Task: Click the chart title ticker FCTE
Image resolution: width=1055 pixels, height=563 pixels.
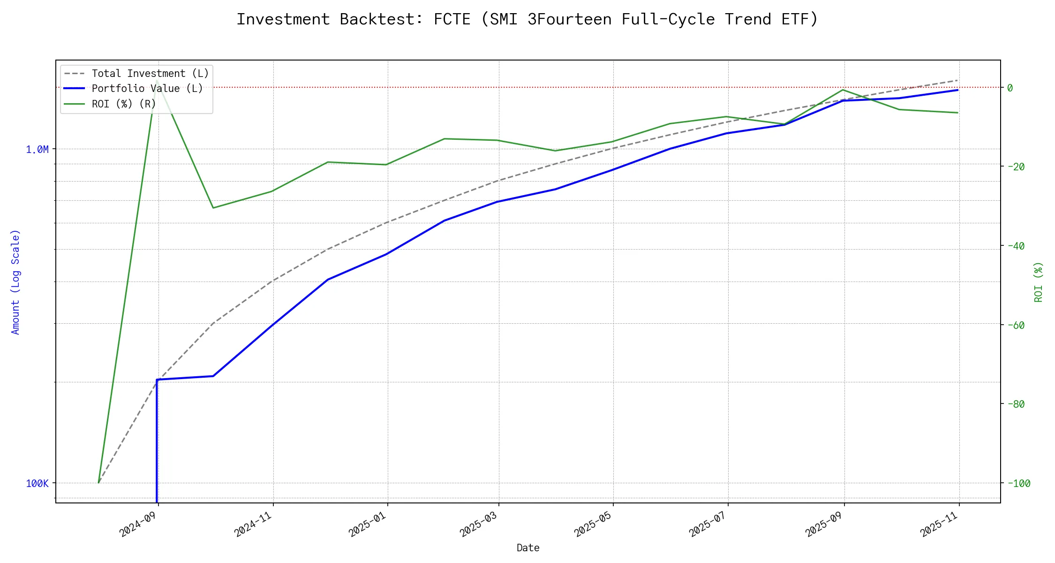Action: [452, 19]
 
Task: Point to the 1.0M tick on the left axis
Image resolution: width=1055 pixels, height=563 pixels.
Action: [37, 150]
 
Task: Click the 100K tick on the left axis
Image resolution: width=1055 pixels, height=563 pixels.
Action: [37, 483]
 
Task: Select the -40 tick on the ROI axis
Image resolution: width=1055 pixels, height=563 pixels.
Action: [1015, 246]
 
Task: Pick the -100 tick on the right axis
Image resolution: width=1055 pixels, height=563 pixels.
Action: [1018, 483]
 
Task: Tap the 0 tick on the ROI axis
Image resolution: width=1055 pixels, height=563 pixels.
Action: [1010, 88]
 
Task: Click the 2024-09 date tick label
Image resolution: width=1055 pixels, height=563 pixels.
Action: [139, 524]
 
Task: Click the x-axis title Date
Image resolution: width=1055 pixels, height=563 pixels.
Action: [528, 548]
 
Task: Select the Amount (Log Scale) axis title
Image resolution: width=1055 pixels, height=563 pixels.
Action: [16, 281]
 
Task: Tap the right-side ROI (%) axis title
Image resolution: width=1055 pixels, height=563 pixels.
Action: [1039, 281]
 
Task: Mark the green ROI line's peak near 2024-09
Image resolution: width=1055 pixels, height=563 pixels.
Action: [157, 81]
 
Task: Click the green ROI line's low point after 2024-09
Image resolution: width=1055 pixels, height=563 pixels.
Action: [213, 208]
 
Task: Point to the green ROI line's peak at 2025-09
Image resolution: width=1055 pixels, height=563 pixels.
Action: [844, 90]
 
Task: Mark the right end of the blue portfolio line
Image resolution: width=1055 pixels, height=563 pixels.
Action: [957, 90]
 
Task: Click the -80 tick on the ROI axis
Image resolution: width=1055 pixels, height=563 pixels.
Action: [1015, 404]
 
